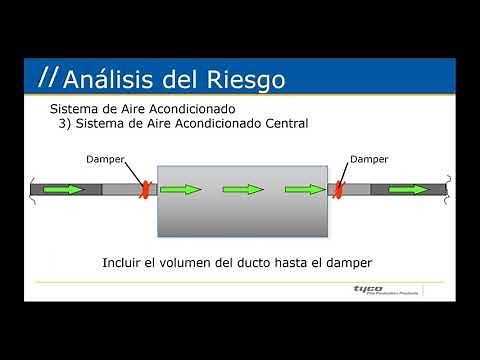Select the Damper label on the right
pos(367,158)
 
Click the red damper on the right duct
pos(340,187)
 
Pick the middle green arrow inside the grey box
pos(243,187)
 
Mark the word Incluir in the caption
pos(125,263)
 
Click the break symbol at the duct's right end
pos(449,187)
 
